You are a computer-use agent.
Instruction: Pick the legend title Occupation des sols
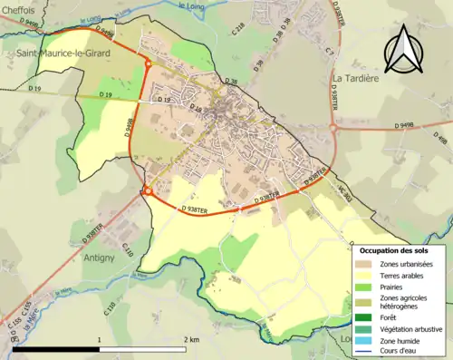coord(394,249)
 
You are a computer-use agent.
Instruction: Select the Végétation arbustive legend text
coord(414,329)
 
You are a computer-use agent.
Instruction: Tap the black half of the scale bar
coord(56,349)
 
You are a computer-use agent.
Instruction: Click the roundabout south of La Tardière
coord(334,128)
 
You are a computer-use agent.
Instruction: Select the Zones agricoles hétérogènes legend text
coord(406,303)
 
